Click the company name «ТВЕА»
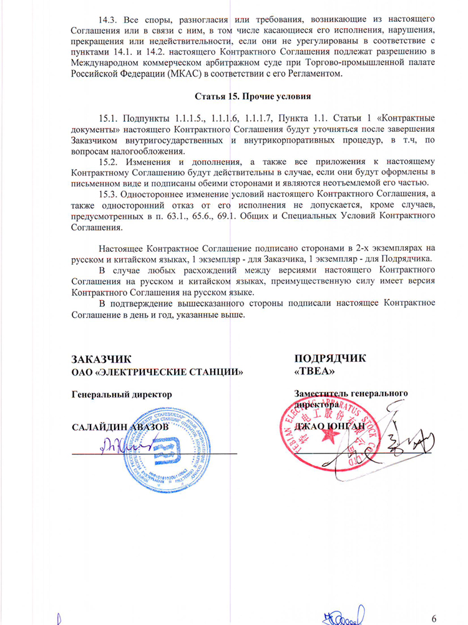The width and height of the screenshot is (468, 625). coord(310,371)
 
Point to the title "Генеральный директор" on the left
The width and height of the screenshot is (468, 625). coord(122,394)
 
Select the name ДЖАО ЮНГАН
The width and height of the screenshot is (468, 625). coord(324,426)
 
